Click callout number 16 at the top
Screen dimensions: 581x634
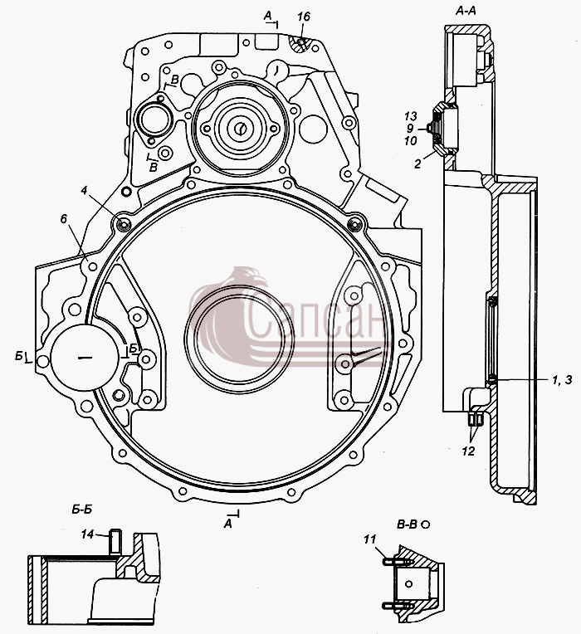pos(303,17)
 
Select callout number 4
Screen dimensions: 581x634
pos(84,190)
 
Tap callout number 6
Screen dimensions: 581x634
pos(64,219)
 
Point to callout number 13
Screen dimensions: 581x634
pos(410,116)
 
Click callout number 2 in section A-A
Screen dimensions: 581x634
pos(417,163)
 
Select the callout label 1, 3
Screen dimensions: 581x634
pos(563,380)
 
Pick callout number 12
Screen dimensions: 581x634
pos(468,451)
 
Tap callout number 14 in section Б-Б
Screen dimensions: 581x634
pos(87,534)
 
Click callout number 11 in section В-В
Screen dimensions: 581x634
pos(370,539)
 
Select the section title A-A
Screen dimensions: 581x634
pos(466,11)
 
